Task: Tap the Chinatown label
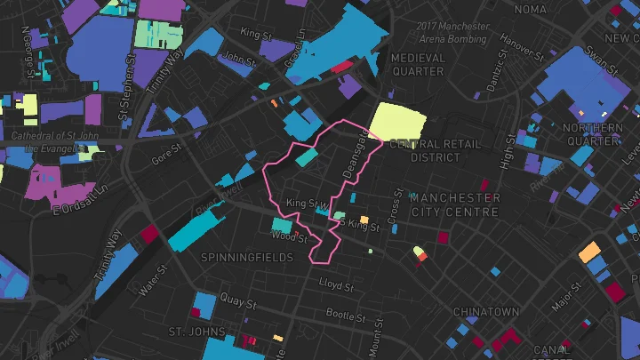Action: (x=485, y=313)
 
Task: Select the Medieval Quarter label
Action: (x=418, y=64)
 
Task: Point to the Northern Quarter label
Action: (x=592, y=134)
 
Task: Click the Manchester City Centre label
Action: (x=455, y=204)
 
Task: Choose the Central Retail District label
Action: (x=436, y=150)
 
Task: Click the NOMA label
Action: (x=531, y=10)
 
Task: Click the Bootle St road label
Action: (x=340, y=314)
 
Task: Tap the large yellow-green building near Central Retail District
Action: (x=397, y=122)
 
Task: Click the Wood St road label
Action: (x=290, y=237)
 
